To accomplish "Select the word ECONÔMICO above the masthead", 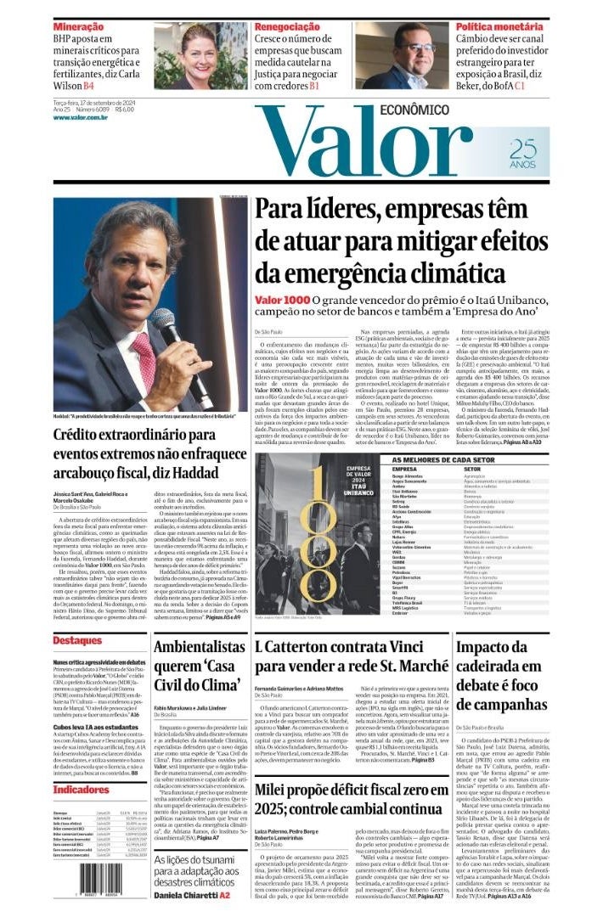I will (414, 110).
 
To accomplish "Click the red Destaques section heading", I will (77, 640).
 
